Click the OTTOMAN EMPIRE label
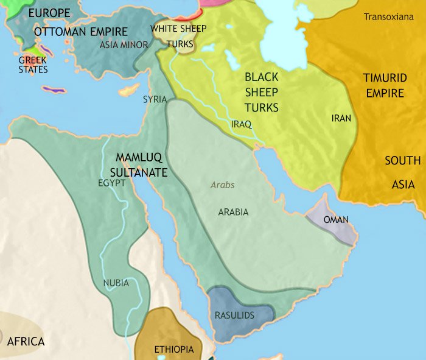tap(81, 32)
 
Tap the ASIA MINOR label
tap(124, 44)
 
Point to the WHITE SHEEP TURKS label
tap(179, 36)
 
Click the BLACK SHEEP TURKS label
tap(261, 93)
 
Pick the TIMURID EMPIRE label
tap(383, 85)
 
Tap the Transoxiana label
tap(392, 17)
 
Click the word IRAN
tap(341, 118)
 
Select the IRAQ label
tap(242, 124)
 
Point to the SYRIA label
tap(155, 99)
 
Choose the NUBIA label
tap(116, 283)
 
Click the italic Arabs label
tap(222, 185)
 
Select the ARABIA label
tap(233, 212)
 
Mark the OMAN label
tap(336, 219)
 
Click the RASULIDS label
tap(234, 315)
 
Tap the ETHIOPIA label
tap(174, 349)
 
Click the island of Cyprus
tap(127, 92)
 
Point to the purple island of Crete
tap(55, 90)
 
